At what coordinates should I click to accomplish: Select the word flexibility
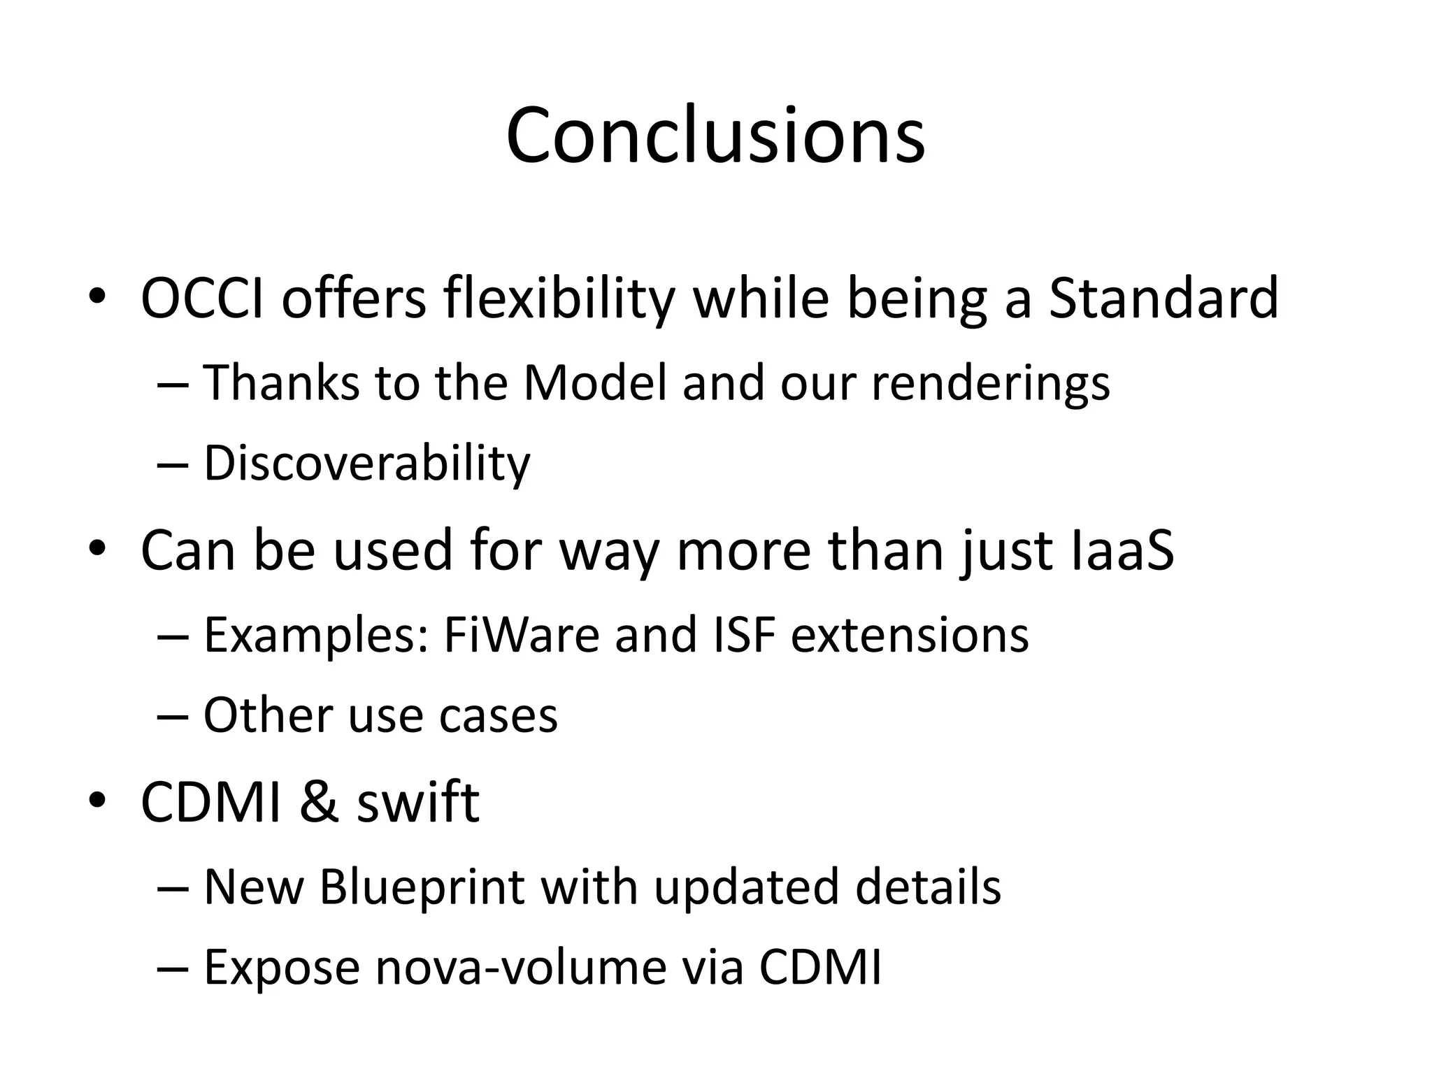click(x=559, y=299)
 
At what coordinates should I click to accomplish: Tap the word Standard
click(x=1163, y=299)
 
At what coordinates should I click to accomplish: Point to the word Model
click(x=595, y=383)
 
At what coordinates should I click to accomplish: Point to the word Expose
click(x=282, y=969)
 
